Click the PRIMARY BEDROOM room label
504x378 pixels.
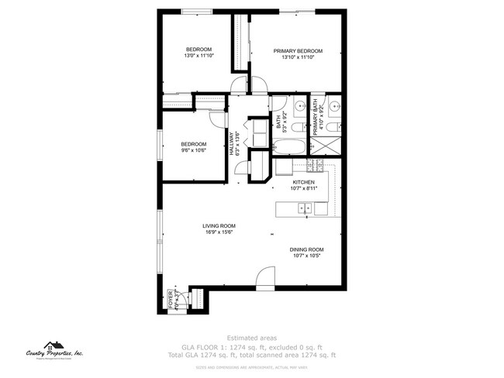click(x=298, y=51)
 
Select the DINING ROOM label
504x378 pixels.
click(x=307, y=249)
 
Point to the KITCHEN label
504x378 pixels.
click(x=303, y=182)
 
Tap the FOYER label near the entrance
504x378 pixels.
click(x=171, y=298)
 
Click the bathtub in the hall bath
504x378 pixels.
click(x=289, y=147)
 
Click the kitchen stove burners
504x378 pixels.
click(x=316, y=165)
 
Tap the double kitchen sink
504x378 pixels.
click(x=303, y=208)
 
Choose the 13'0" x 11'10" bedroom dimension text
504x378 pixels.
click(x=198, y=56)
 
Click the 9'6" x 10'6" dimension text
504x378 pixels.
click(x=193, y=150)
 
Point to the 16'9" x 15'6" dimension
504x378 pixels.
click(x=220, y=232)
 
